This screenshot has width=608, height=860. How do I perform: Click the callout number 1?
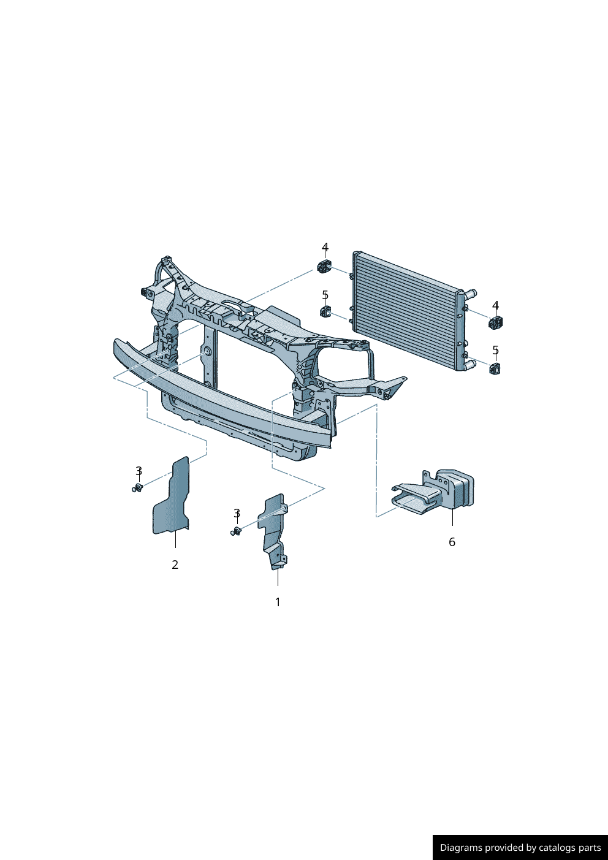click(x=278, y=602)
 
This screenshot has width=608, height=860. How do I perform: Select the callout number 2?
click(x=175, y=565)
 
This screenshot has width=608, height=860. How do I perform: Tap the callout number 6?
click(x=452, y=542)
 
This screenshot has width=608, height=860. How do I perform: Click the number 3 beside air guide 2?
click(x=139, y=471)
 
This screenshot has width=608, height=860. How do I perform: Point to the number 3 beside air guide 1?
click(x=237, y=513)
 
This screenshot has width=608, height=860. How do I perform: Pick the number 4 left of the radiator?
click(x=325, y=247)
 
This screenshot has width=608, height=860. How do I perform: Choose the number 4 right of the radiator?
click(x=496, y=305)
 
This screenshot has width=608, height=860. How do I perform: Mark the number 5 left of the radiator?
click(x=325, y=295)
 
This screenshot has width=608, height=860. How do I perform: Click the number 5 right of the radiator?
click(x=496, y=350)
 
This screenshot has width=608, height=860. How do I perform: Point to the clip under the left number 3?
click(x=138, y=488)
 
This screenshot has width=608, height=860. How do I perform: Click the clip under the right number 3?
click(x=236, y=531)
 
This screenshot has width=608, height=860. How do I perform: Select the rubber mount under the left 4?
click(x=325, y=267)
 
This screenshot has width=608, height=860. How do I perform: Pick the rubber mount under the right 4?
click(x=496, y=322)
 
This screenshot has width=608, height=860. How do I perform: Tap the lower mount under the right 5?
click(x=495, y=368)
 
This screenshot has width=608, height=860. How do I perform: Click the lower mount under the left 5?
click(x=325, y=312)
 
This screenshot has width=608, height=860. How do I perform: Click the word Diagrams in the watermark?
click(x=461, y=848)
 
